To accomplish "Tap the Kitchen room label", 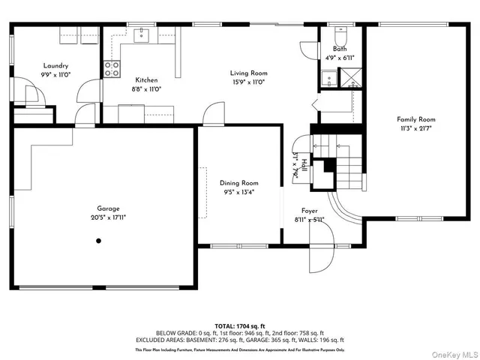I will (146, 79).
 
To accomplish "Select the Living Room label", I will (248, 73).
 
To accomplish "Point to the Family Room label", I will (416, 119).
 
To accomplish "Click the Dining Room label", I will (238, 182).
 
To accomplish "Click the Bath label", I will (340, 49).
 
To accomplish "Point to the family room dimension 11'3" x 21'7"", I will (416, 127).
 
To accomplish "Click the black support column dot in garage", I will (97, 241).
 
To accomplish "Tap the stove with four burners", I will (112, 69).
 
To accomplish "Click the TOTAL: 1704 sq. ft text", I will (240, 326).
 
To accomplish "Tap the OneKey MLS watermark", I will (453, 353).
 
